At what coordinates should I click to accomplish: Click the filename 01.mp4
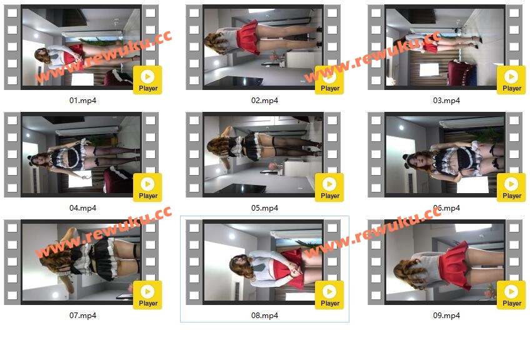pyautogui.click(x=82, y=101)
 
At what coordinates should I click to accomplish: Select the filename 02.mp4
pyautogui.click(x=264, y=101)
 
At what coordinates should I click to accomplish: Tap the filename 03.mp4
pyautogui.click(x=446, y=101)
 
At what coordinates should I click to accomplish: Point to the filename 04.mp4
pyautogui.click(x=82, y=208)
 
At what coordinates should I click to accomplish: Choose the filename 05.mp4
pyautogui.click(x=264, y=208)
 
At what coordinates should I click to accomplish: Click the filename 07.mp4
pyautogui.click(x=82, y=316)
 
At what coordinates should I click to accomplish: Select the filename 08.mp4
pyautogui.click(x=264, y=316)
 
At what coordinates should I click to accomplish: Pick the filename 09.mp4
pyautogui.click(x=446, y=316)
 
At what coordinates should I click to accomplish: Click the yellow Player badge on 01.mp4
pyautogui.click(x=147, y=80)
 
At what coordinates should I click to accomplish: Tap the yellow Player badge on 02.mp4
pyautogui.click(x=329, y=80)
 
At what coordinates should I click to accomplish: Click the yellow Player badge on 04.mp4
pyautogui.click(x=147, y=187)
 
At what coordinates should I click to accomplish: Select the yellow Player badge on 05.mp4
pyautogui.click(x=329, y=187)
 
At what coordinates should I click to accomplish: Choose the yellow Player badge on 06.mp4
pyautogui.click(x=511, y=187)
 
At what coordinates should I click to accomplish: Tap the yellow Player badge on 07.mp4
pyautogui.click(x=147, y=295)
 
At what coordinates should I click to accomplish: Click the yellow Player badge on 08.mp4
pyautogui.click(x=329, y=295)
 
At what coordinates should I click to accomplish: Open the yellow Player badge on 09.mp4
pyautogui.click(x=511, y=295)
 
